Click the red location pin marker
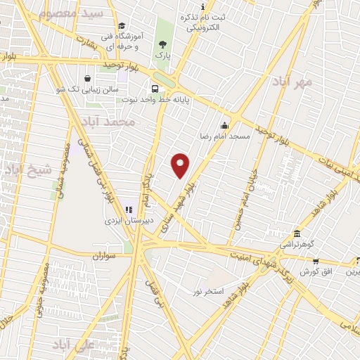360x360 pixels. pos(181,165)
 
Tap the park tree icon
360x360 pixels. pos(162,43)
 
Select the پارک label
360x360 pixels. pos(162,56)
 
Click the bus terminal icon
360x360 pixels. pos(155,89)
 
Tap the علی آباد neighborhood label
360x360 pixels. pos(73,345)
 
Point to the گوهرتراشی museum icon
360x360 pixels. pos(297,233)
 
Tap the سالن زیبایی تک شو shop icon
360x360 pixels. pos(86,78)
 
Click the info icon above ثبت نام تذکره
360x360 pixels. pos(203,6)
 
